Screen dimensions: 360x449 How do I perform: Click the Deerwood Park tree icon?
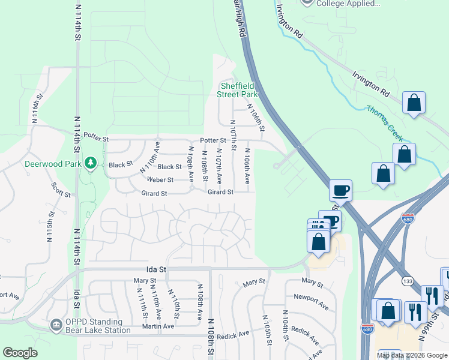pos(91,163)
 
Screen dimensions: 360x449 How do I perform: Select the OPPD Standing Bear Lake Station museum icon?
pos(55,325)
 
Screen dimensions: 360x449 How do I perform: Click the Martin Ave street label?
pos(158,326)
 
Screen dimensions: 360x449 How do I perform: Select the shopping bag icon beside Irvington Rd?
pos(414,103)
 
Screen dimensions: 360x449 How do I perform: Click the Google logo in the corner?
pos(20,353)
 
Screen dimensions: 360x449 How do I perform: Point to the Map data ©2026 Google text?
pos(411,355)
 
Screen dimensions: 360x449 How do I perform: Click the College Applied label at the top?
pos(348,3)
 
